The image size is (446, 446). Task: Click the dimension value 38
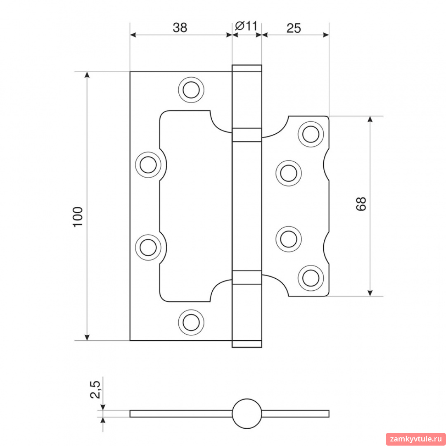(180, 28)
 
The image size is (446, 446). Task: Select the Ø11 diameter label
(246, 26)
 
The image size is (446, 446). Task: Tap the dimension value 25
(294, 28)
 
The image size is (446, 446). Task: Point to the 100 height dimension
(78, 217)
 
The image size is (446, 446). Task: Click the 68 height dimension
(361, 204)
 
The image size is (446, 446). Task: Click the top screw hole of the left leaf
(191, 90)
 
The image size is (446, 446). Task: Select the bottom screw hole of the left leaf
(191, 322)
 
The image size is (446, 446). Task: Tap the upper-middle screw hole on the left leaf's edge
(148, 165)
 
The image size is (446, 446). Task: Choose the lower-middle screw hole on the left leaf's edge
(148, 247)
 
